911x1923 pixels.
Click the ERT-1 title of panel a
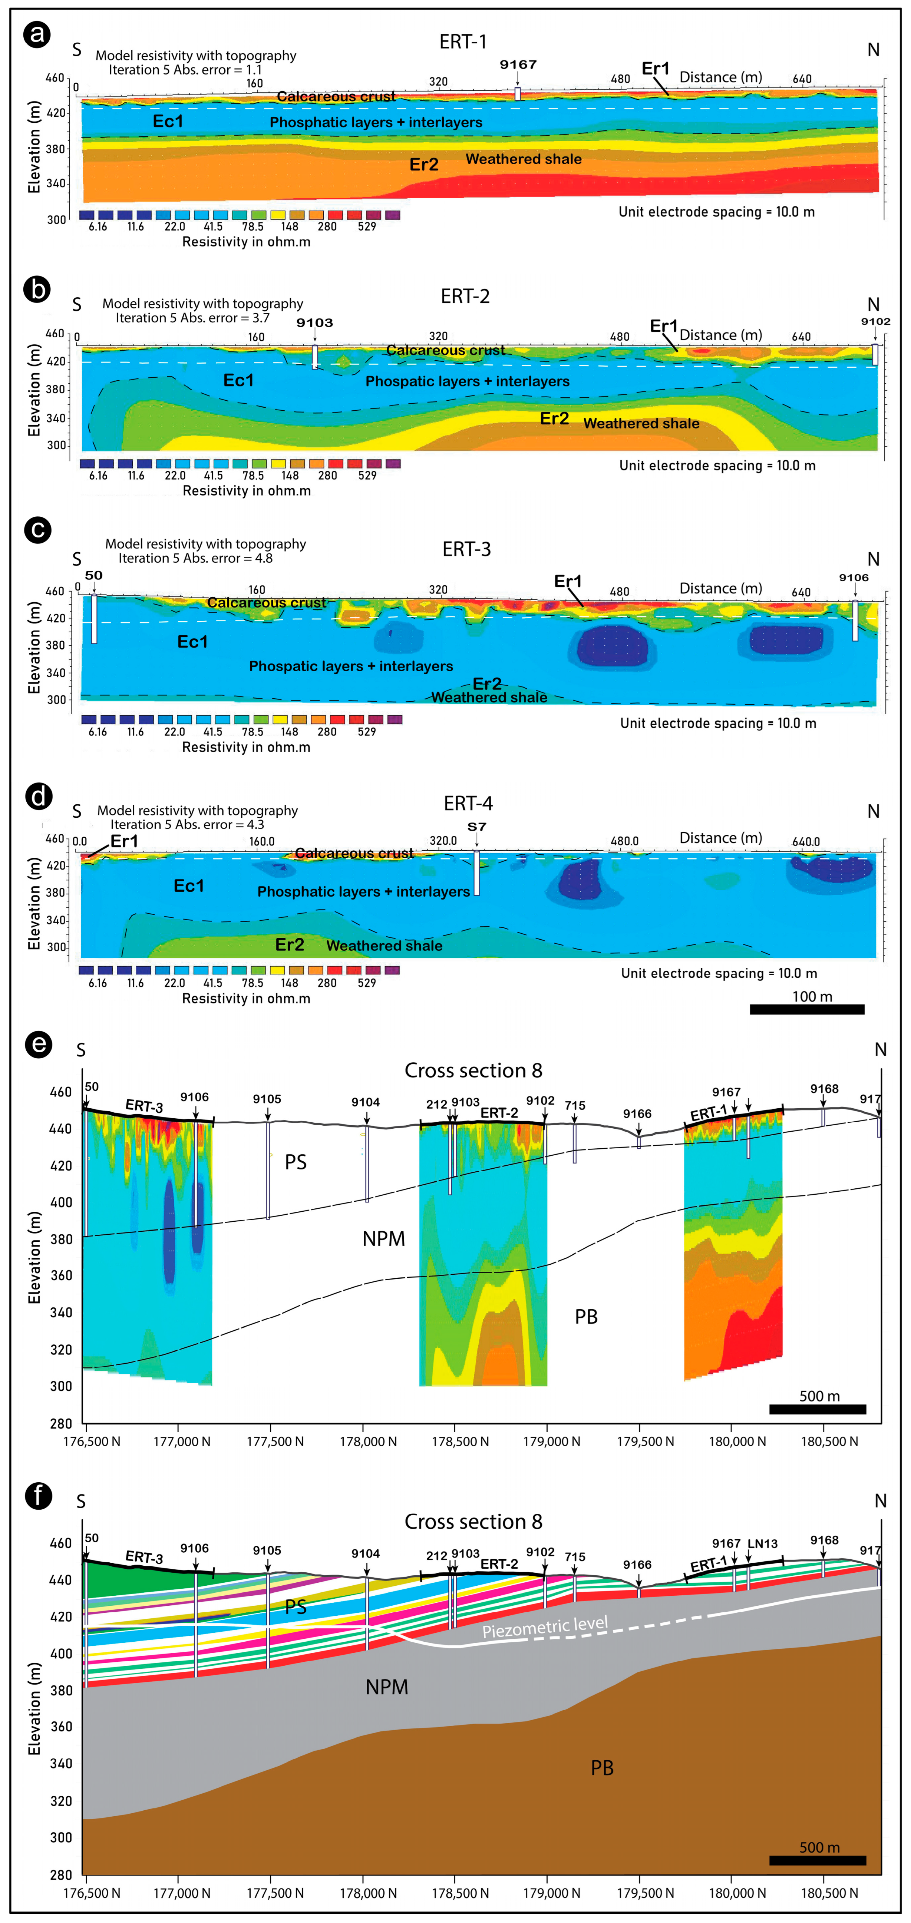click(x=463, y=42)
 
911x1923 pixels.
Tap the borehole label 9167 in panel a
click(x=518, y=65)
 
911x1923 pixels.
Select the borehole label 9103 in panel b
click(x=314, y=322)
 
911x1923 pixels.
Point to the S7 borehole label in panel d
click(x=476, y=826)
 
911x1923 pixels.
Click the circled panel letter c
click(x=37, y=530)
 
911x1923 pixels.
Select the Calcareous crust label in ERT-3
click(x=267, y=602)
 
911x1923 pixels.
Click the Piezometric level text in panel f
click(x=545, y=1627)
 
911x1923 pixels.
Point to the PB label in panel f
click(x=602, y=1768)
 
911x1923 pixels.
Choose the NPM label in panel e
click(x=384, y=1239)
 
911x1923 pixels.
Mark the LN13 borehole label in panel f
click(x=762, y=1544)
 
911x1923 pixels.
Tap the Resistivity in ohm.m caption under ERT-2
click(x=247, y=490)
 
